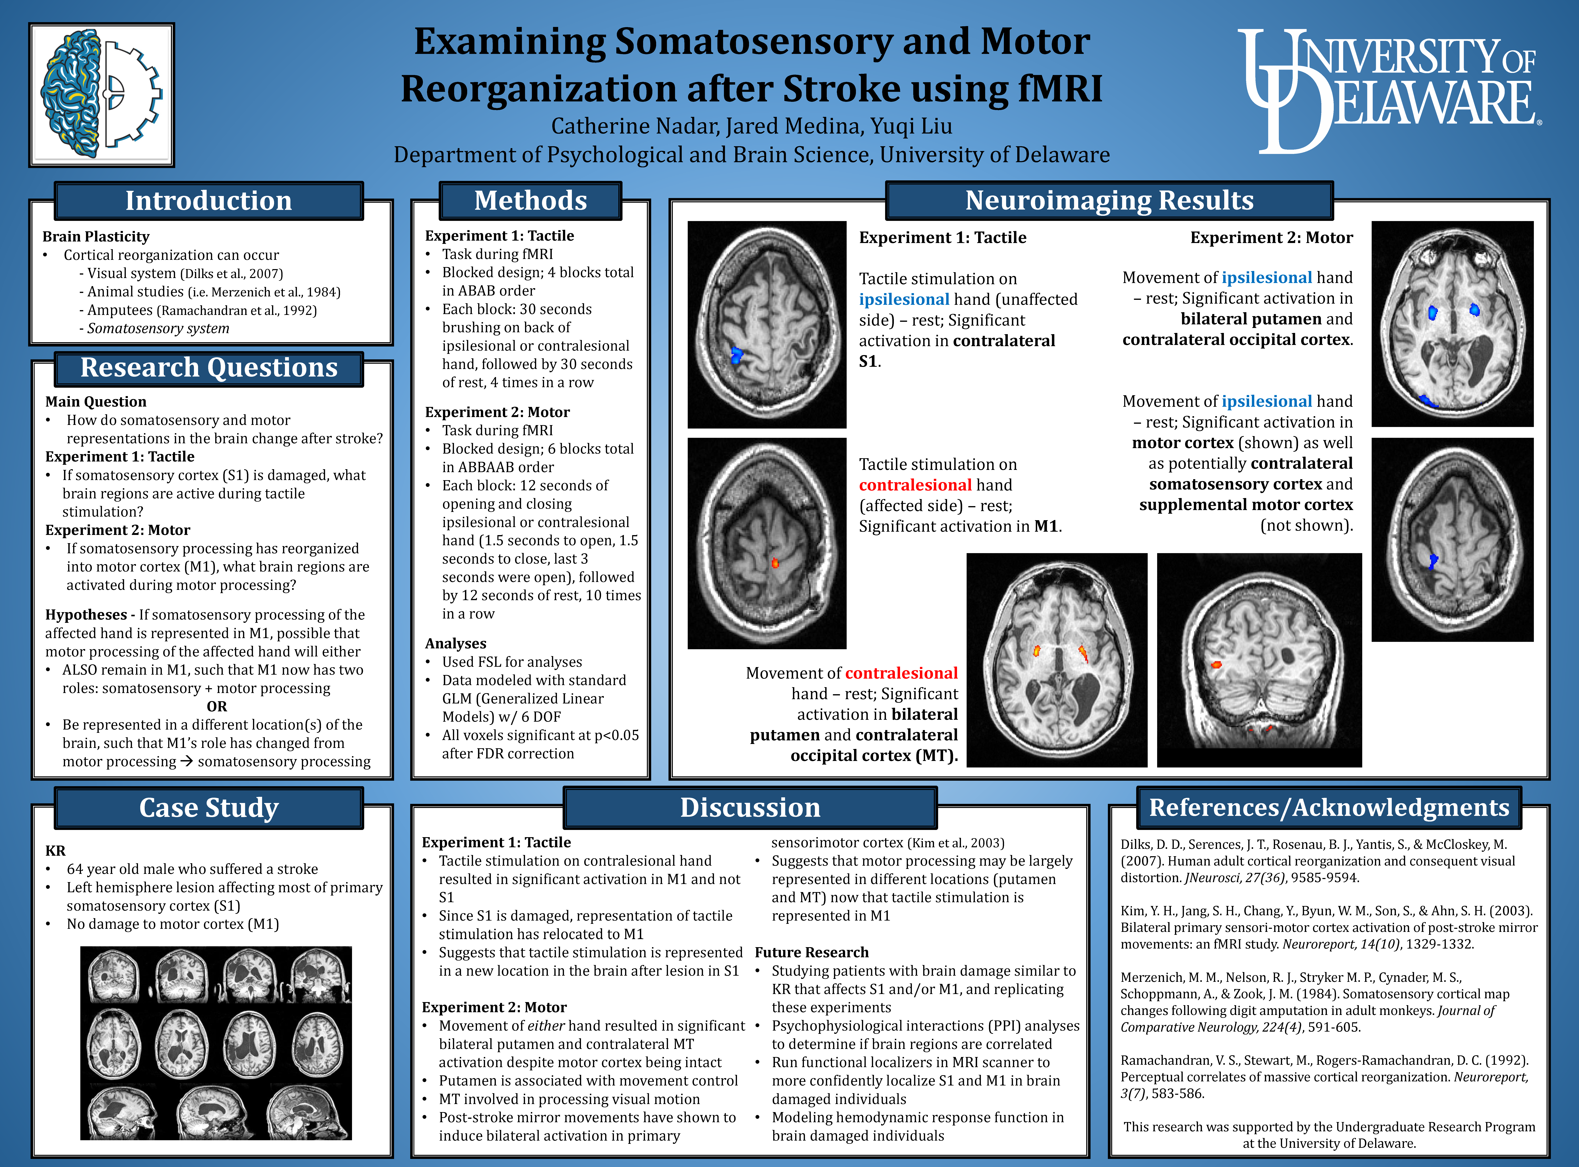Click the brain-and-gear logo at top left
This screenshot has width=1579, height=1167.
pos(102,95)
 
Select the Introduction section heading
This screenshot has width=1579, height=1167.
pos(208,201)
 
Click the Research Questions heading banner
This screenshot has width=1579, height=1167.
pos(208,368)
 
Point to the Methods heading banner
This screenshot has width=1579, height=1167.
pos(530,201)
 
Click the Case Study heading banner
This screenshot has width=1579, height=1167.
pos(208,807)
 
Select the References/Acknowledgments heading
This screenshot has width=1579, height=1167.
pos(1328,807)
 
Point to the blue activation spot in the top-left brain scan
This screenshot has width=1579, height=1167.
pos(737,355)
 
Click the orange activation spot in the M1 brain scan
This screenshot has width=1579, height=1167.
pos(775,563)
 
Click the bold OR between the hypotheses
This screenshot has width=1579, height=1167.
pos(217,706)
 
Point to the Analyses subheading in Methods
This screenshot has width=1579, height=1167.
pos(456,644)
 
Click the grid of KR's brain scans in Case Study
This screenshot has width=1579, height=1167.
pos(216,1043)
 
